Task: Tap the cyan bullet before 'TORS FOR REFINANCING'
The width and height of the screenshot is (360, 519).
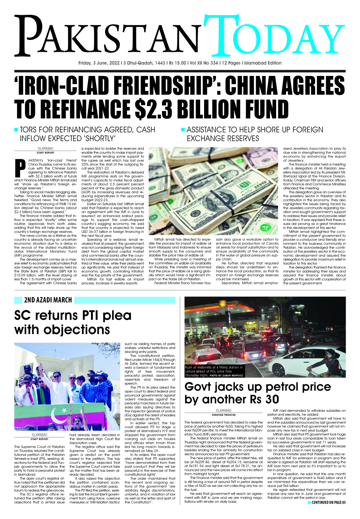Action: pyautogui.click(x=16, y=130)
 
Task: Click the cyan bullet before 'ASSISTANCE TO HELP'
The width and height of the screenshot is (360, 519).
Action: pyautogui.click(x=183, y=130)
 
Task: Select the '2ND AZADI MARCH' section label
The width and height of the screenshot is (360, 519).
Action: pyautogui.click(x=48, y=300)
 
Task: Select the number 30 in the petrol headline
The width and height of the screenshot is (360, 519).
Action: pyautogui.click(x=272, y=399)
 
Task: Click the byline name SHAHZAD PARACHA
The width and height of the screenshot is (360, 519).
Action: pyautogui.click(x=224, y=415)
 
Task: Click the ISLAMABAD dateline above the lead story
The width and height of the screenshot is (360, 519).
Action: pyautogui.click(x=45, y=149)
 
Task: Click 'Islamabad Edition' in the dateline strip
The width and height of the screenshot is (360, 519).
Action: pyautogui.click(x=262, y=63)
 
